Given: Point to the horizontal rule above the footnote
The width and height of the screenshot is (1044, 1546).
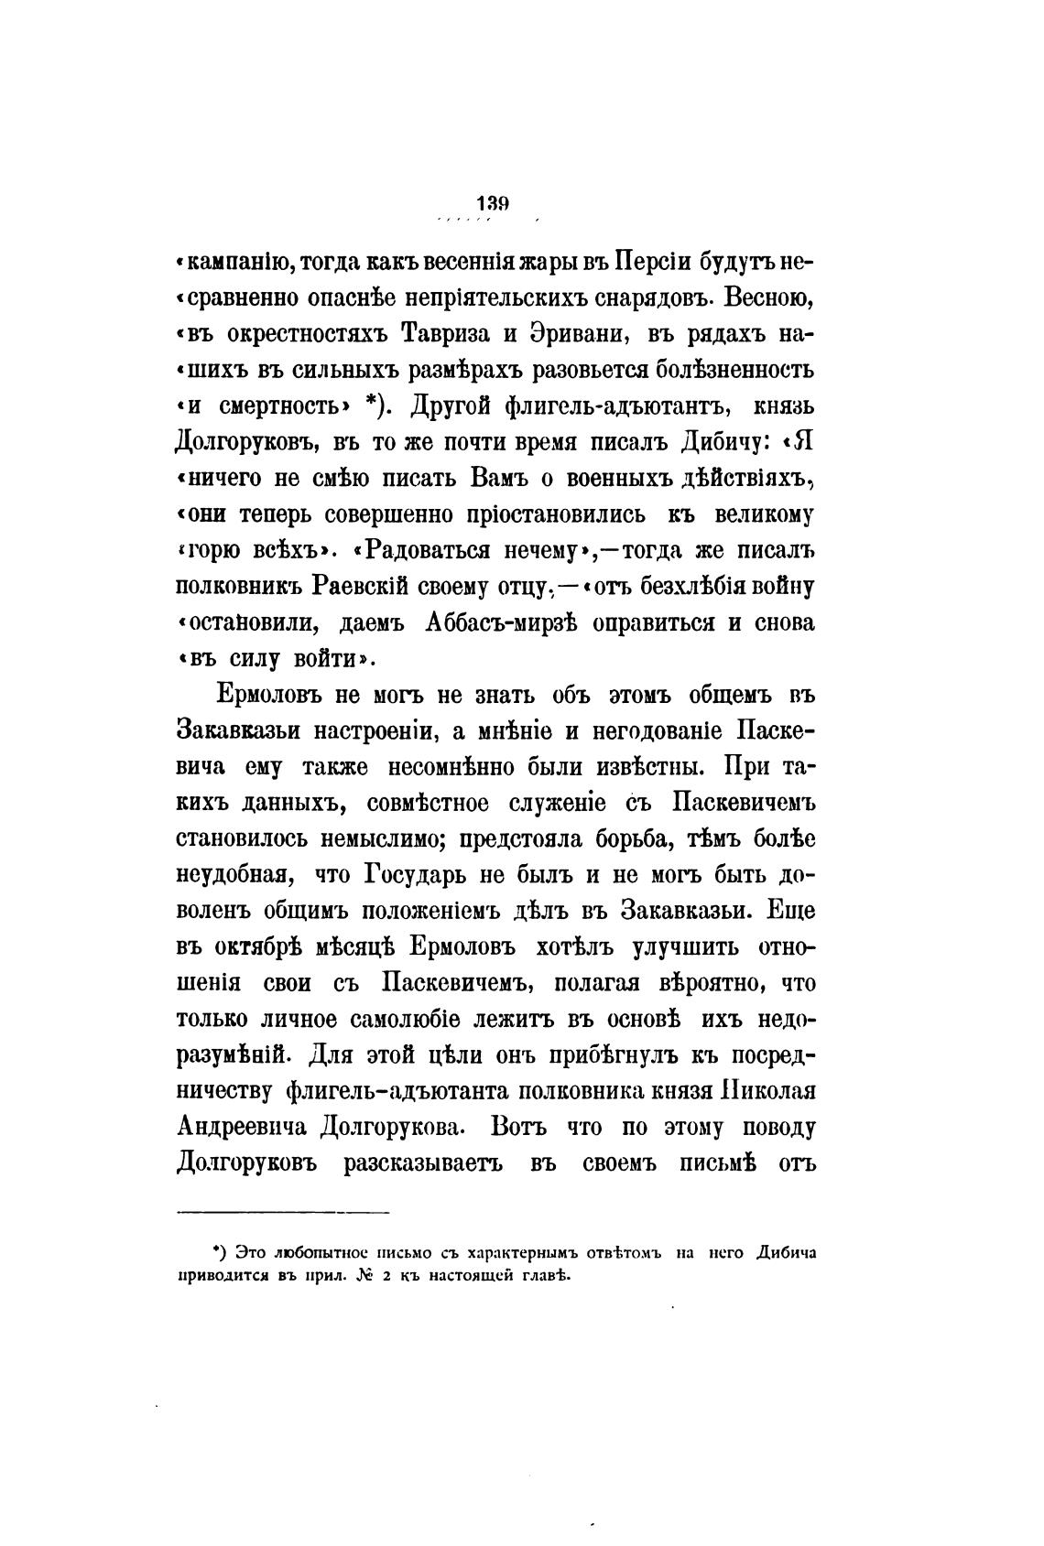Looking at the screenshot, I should [282, 1214].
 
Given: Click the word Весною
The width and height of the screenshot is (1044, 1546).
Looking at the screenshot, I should [767, 298].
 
